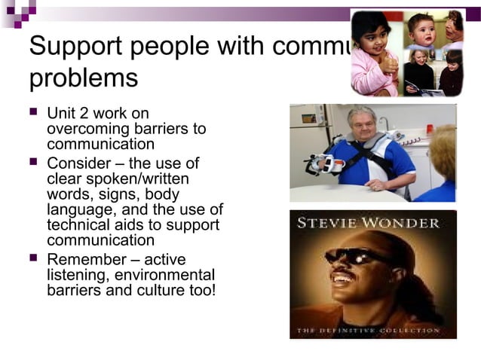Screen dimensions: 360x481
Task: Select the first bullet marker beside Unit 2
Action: pyautogui.click(x=33, y=113)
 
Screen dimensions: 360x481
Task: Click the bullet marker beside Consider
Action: pyautogui.click(x=33, y=162)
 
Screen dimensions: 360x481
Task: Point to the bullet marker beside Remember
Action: pyautogui.click(x=33, y=258)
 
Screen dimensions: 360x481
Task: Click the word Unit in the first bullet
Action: pyautogui.click(x=60, y=113)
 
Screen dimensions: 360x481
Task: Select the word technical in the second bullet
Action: pyautogui.click(x=78, y=225)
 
